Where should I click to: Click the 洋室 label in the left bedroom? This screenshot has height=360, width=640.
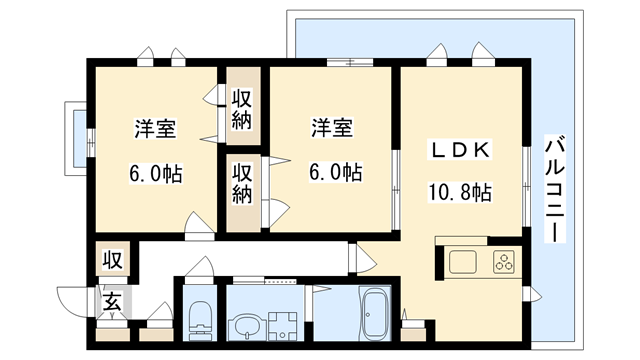pos(155,129)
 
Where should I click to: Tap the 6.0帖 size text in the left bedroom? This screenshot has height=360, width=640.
pos(155,172)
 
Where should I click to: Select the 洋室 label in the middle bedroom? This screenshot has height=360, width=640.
pos(331,129)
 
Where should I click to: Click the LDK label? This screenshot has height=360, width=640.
pos(459,150)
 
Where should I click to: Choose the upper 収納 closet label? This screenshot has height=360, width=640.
pos(243,109)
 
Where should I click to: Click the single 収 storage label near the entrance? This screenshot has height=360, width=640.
pos(112,261)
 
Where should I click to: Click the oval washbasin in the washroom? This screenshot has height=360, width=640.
pos(244,325)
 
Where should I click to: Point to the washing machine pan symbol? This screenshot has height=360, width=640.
pos(283,325)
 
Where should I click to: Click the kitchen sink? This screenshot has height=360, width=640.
pos(462,263)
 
